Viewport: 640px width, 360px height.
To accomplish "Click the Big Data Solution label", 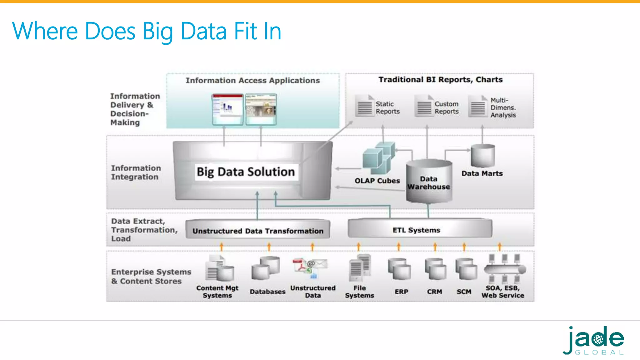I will (x=246, y=172).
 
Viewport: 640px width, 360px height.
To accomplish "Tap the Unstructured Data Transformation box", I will (x=258, y=231).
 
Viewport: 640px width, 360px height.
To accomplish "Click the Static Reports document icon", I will (x=365, y=106).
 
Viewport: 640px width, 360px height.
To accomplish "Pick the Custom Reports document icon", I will (x=424, y=106).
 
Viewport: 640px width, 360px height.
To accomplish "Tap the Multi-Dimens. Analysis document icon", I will (x=478, y=107).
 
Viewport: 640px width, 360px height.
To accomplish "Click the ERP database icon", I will (x=400, y=269).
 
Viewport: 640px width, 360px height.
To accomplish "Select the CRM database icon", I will (x=435, y=269).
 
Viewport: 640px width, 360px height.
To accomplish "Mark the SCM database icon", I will (x=466, y=269).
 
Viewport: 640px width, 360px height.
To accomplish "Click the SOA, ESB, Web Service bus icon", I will (x=504, y=269).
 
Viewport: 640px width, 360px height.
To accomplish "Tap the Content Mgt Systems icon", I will (x=220, y=268).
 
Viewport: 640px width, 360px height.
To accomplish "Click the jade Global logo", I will (x=593, y=340).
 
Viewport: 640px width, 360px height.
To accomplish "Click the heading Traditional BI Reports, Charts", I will (x=440, y=80).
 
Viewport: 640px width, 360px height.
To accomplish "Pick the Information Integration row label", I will (x=136, y=172).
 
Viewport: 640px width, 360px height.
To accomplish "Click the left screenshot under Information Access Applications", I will (x=227, y=109).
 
